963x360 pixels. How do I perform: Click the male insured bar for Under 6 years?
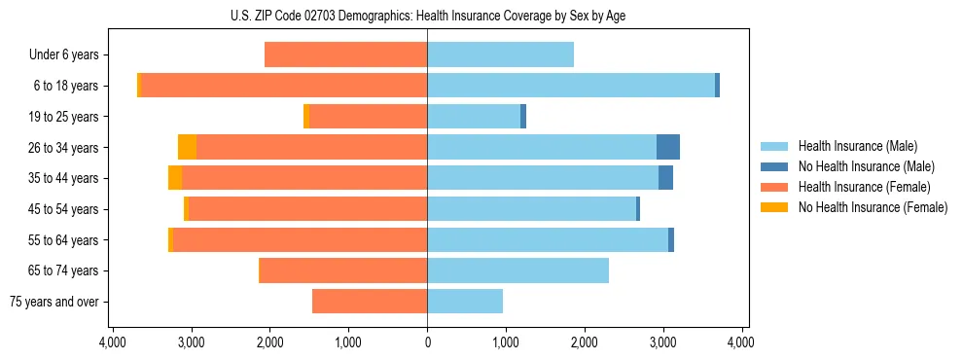click(x=500, y=54)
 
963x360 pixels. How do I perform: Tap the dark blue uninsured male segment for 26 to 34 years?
click(x=668, y=147)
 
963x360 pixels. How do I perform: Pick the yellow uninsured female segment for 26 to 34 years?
click(x=187, y=147)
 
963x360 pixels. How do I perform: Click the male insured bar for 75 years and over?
click(x=465, y=302)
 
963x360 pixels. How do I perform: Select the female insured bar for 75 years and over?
click(x=370, y=302)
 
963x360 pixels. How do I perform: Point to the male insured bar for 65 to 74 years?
click(x=517, y=270)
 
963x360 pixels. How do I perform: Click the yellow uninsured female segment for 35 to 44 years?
click(x=175, y=178)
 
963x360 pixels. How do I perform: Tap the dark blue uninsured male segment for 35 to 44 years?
click(x=665, y=178)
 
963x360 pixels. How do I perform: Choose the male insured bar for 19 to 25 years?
click(x=474, y=117)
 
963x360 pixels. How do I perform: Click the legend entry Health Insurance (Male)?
click(x=857, y=146)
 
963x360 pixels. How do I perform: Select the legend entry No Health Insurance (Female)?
click(x=873, y=207)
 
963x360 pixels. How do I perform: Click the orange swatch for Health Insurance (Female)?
click(x=774, y=187)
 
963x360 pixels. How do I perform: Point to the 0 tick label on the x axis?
click(x=427, y=342)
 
